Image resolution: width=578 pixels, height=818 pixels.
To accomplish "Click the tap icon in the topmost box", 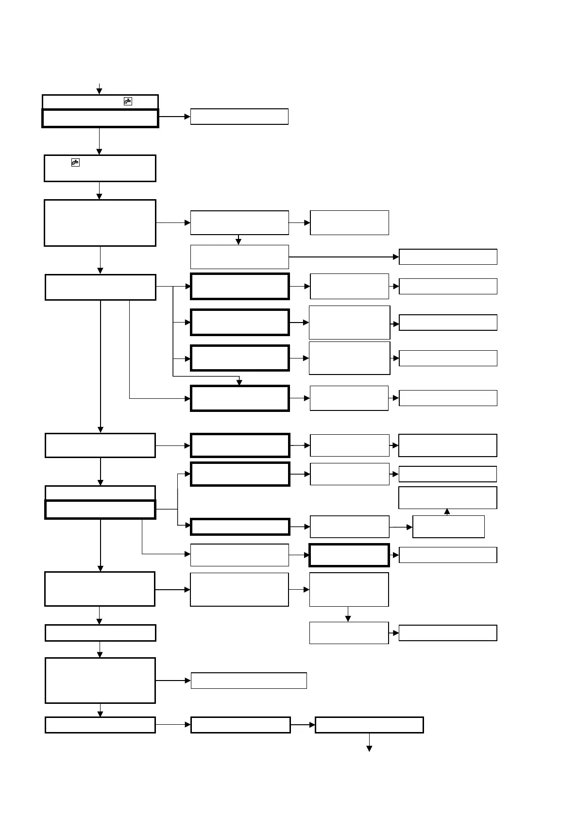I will [x=128, y=101].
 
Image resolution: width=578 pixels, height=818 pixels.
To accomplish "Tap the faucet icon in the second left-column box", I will [x=75, y=162].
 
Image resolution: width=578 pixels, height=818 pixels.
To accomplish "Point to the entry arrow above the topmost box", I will [x=99, y=89].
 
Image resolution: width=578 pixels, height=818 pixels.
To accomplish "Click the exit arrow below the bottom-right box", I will [x=369, y=743].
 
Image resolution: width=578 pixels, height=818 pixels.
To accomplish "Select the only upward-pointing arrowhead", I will [x=447, y=511].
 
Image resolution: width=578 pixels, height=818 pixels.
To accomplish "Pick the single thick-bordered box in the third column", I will [x=349, y=555].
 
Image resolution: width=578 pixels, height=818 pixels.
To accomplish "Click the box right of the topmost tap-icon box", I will [x=239, y=117].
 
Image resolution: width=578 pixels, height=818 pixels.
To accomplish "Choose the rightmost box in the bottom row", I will [x=369, y=725].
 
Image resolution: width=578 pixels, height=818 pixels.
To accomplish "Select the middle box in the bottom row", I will [x=240, y=725].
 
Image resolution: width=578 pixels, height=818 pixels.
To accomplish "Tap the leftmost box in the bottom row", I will [x=100, y=725].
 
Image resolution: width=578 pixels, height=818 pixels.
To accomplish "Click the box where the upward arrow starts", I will [x=448, y=527].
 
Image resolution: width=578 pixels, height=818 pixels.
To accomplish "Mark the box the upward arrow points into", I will [x=447, y=497].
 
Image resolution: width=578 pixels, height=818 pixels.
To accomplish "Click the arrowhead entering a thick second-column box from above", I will [x=239, y=382].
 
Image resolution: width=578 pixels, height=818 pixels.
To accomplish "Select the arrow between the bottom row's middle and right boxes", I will [x=303, y=725].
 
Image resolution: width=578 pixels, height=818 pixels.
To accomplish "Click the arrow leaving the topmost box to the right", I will [x=174, y=117].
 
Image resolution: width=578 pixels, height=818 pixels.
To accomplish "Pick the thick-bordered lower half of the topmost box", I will [x=100, y=118].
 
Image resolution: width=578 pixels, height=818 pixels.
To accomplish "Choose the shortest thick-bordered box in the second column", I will [x=240, y=527].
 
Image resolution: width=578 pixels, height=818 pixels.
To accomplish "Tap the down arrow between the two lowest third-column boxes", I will [x=348, y=614].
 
